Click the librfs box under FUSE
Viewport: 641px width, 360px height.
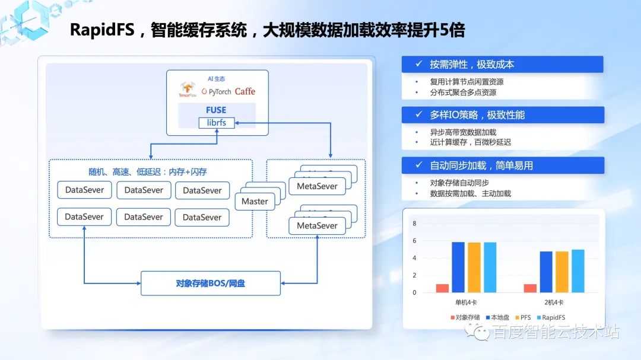[217, 123]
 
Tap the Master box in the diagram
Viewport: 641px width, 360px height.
[255, 202]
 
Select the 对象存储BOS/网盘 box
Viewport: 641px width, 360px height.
[210, 283]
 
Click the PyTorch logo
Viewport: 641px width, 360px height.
[216, 91]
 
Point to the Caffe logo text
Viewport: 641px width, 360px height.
[245, 91]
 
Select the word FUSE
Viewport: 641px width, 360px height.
[216, 110]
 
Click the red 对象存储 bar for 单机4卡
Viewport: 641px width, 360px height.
[442, 288]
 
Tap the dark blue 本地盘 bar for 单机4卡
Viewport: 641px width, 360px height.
[458, 267]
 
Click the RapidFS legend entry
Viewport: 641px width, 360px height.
[550, 317]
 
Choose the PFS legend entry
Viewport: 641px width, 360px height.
[522, 317]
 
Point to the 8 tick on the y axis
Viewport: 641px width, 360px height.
[414, 224]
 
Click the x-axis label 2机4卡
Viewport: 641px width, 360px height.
[553, 303]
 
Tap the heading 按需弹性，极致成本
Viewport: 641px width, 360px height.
[472, 65]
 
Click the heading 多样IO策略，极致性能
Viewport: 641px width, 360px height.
[477, 115]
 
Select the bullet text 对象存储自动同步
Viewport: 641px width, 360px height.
[459, 183]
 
